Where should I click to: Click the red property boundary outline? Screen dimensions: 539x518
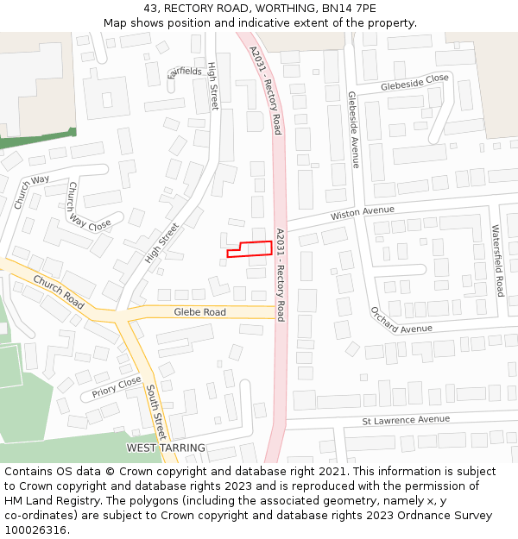pyautogui.click(x=250, y=249)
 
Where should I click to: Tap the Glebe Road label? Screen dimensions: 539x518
pyautogui.click(x=199, y=312)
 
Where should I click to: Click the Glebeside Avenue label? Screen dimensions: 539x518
pyautogui.click(x=353, y=129)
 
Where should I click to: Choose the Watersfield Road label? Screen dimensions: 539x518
pyautogui.click(x=497, y=260)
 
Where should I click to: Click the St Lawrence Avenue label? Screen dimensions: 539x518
pyautogui.click(x=406, y=420)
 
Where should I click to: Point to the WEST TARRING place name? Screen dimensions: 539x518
pyautogui.click(x=166, y=448)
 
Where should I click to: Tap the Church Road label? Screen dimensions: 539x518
pyautogui.click(x=59, y=293)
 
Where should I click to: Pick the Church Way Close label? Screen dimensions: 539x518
pyautogui.click(x=89, y=207)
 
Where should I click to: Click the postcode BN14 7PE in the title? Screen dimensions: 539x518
pyautogui.click(x=348, y=9)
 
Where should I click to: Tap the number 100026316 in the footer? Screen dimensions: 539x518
pyautogui.click(x=35, y=530)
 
